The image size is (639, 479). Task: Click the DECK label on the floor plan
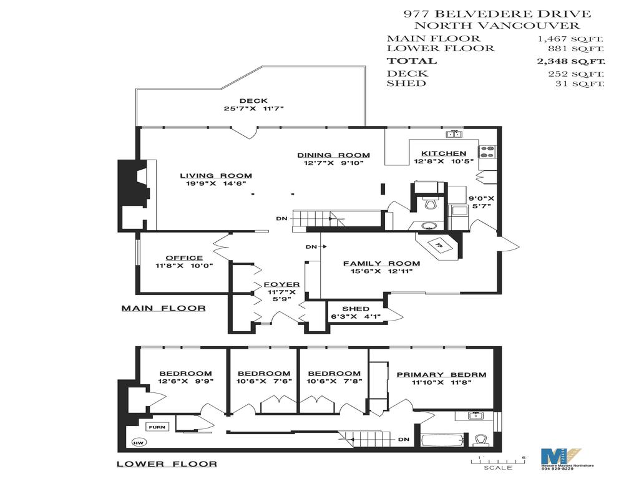(253, 101)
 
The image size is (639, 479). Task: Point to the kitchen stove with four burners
(486, 151)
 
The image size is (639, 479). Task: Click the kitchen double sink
(454, 133)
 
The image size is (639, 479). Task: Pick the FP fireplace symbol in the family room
(438, 244)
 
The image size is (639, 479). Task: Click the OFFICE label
(184, 258)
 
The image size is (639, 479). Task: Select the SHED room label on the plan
(356, 309)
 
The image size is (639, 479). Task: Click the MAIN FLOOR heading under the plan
(163, 308)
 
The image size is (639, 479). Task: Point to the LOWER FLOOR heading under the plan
(167, 463)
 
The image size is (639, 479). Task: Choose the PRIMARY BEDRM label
(441, 375)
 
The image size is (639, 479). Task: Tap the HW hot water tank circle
(137, 443)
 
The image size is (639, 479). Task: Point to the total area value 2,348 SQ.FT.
(571, 61)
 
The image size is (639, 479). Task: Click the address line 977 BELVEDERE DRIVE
(497, 14)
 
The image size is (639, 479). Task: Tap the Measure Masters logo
(560, 459)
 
